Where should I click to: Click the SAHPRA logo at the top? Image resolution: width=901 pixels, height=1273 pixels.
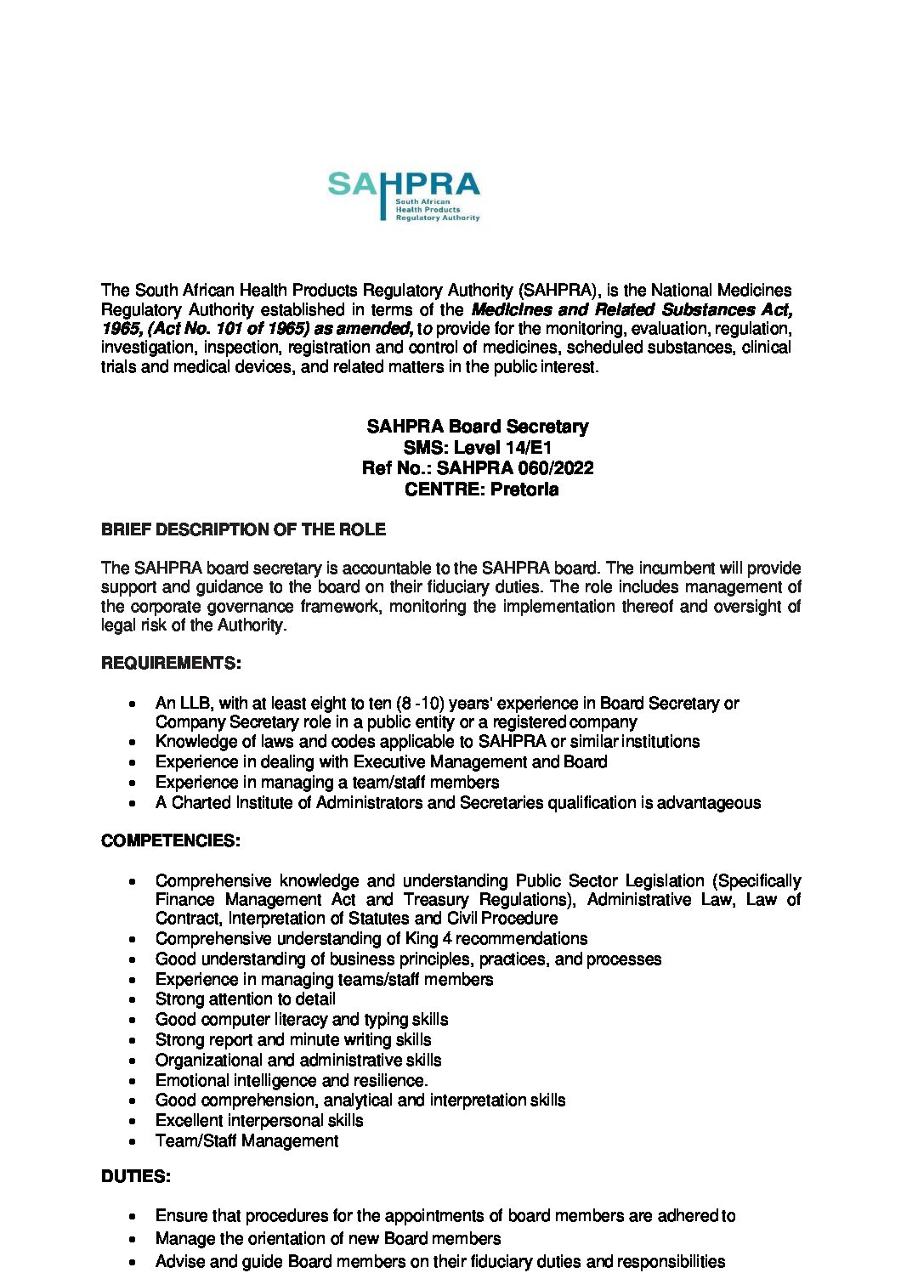tap(404, 195)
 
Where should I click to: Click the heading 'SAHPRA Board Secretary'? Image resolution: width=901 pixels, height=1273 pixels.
tap(477, 427)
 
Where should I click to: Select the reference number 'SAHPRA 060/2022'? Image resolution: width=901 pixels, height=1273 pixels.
tap(515, 468)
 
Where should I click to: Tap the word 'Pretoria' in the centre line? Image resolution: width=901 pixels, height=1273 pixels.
tap(524, 489)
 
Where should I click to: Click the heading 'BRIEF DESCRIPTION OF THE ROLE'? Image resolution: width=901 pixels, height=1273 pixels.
tap(243, 529)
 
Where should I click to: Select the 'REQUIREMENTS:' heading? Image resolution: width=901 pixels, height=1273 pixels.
tap(171, 663)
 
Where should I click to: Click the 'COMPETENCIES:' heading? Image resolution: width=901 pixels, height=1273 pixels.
tap(171, 841)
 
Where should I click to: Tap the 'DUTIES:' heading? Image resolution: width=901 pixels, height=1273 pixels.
tap(136, 1177)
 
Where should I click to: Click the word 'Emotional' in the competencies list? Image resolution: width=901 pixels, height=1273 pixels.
tap(192, 1081)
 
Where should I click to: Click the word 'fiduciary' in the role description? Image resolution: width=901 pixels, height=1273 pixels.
tap(466, 587)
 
